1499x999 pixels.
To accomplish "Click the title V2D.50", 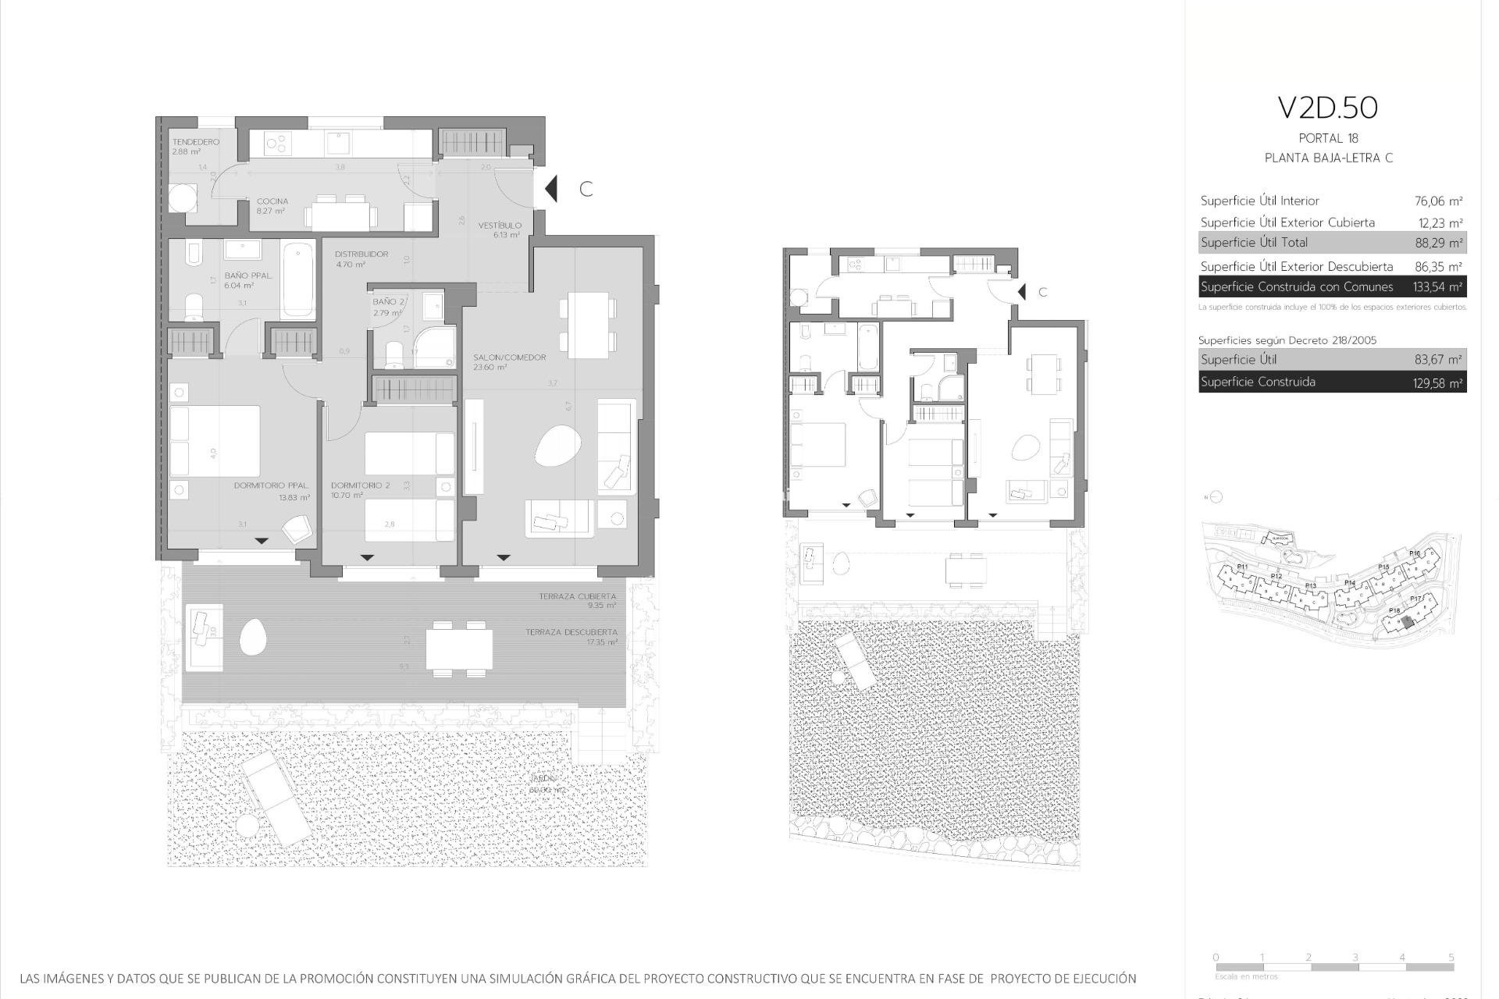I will [x=1327, y=108].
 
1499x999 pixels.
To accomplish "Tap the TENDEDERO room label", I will [x=195, y=142].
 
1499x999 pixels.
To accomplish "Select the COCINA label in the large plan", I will [x=272, y=201].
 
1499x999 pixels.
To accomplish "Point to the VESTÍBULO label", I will [x=500, y=226].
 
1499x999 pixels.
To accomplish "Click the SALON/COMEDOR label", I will [x=509, y=357].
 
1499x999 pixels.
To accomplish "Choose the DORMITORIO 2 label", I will [x=360, y=485].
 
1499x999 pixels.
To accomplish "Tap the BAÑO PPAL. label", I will [x=248, y=276].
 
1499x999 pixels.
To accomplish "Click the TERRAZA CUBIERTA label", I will [x=577, y=596].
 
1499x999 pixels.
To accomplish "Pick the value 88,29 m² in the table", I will [x=1438, y=243].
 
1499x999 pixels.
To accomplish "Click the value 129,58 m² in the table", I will [x=1438, y=382].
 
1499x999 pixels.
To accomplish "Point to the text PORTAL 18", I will [x=1328, y=139].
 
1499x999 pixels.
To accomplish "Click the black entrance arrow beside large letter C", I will [x=551, y=189].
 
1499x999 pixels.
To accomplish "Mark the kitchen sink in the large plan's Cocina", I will [x=338, y=143].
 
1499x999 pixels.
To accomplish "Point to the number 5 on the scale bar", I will [x=1451, y=957].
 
